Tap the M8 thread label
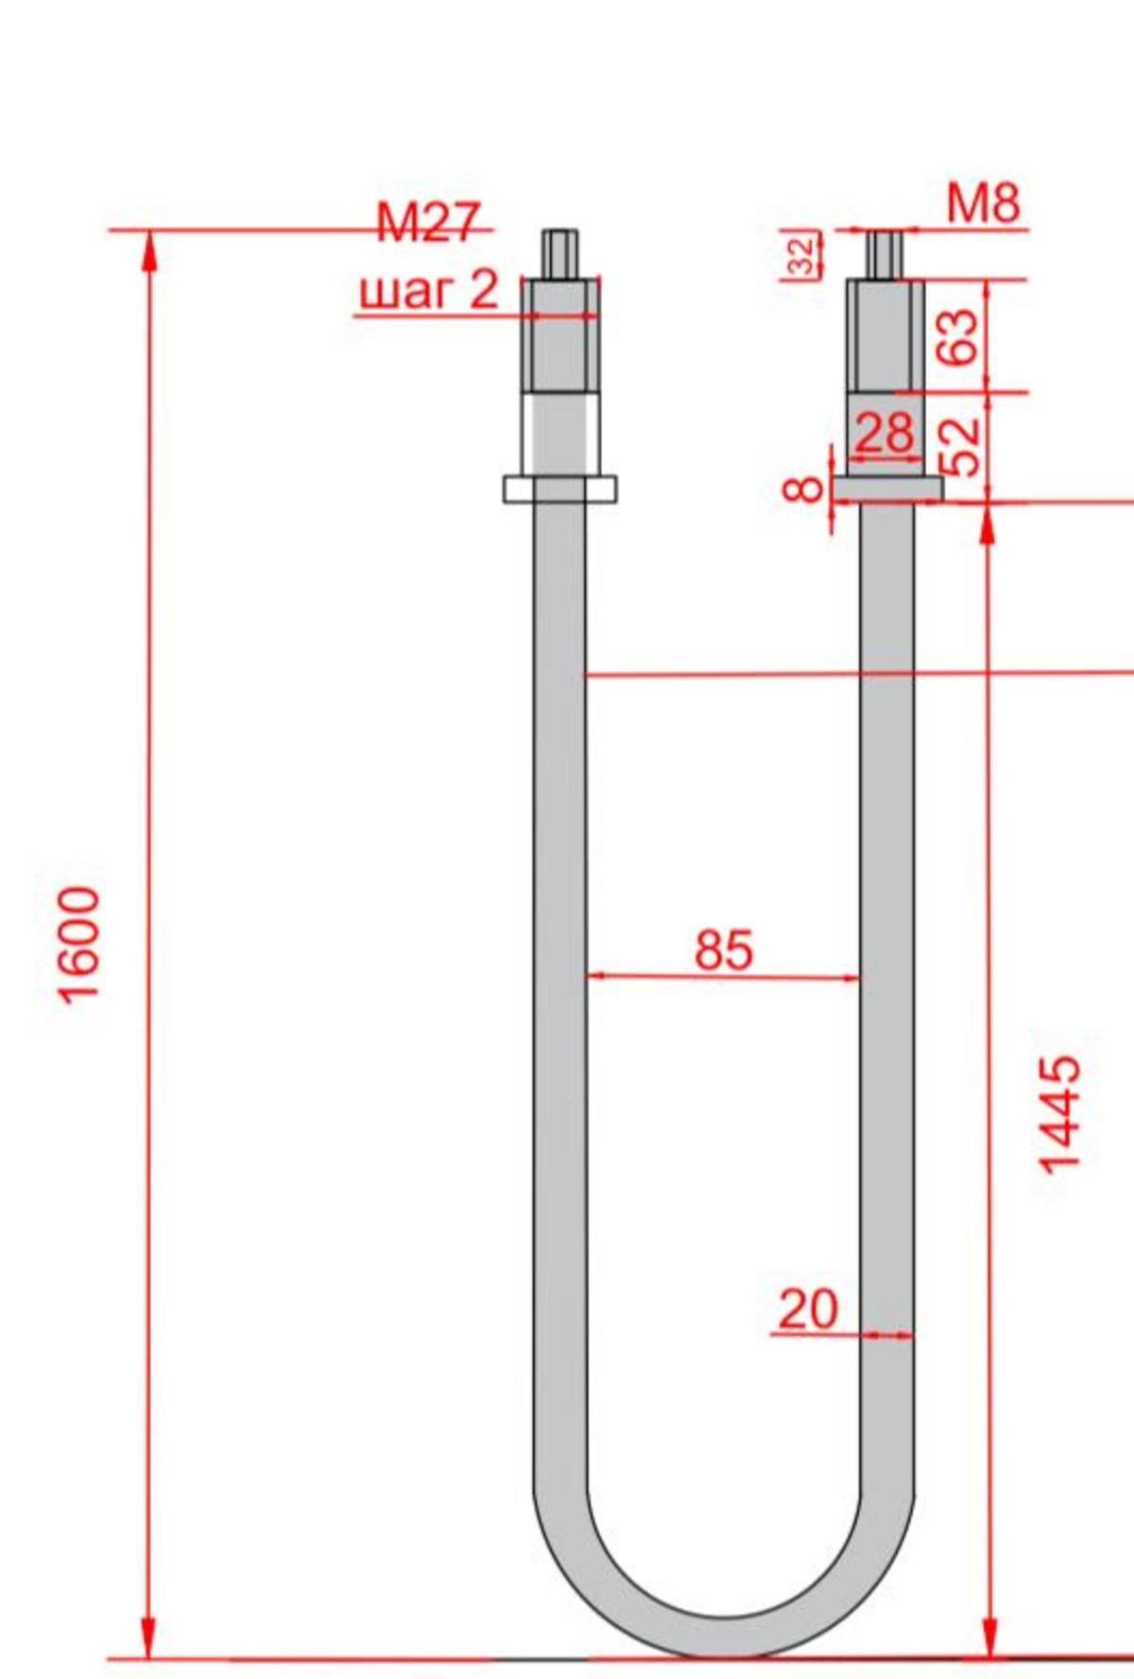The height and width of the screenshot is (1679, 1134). pyautogui.click(x=984, y=203)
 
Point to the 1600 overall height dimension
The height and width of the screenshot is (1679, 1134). pyautogui.click(x=78, y=944)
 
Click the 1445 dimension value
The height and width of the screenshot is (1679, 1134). pyautogui.click(x=1059, y=1115)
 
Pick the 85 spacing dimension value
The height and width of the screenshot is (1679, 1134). pyautogui.click(x=724, y=950)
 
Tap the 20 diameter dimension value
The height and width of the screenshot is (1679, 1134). pyautogui.click(x=808, y=1310)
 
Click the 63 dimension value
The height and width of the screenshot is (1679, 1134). pyautogui.click(x=958, y=336)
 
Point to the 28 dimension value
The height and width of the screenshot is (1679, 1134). pyautogui.click(x=885, y=433)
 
